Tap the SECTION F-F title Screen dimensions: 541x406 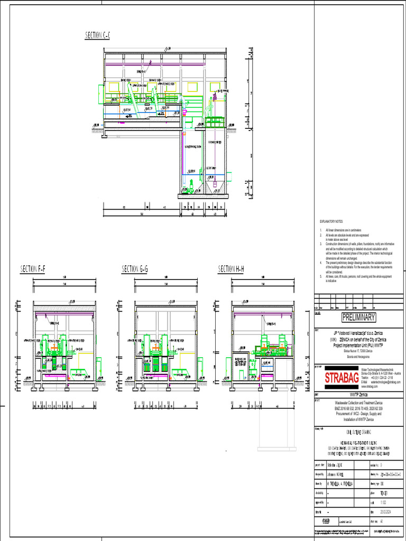33,269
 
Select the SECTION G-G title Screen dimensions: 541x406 135,269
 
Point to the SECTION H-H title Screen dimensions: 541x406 232,269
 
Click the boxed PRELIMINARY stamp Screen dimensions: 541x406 358,318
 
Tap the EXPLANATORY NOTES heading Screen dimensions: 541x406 331,221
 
